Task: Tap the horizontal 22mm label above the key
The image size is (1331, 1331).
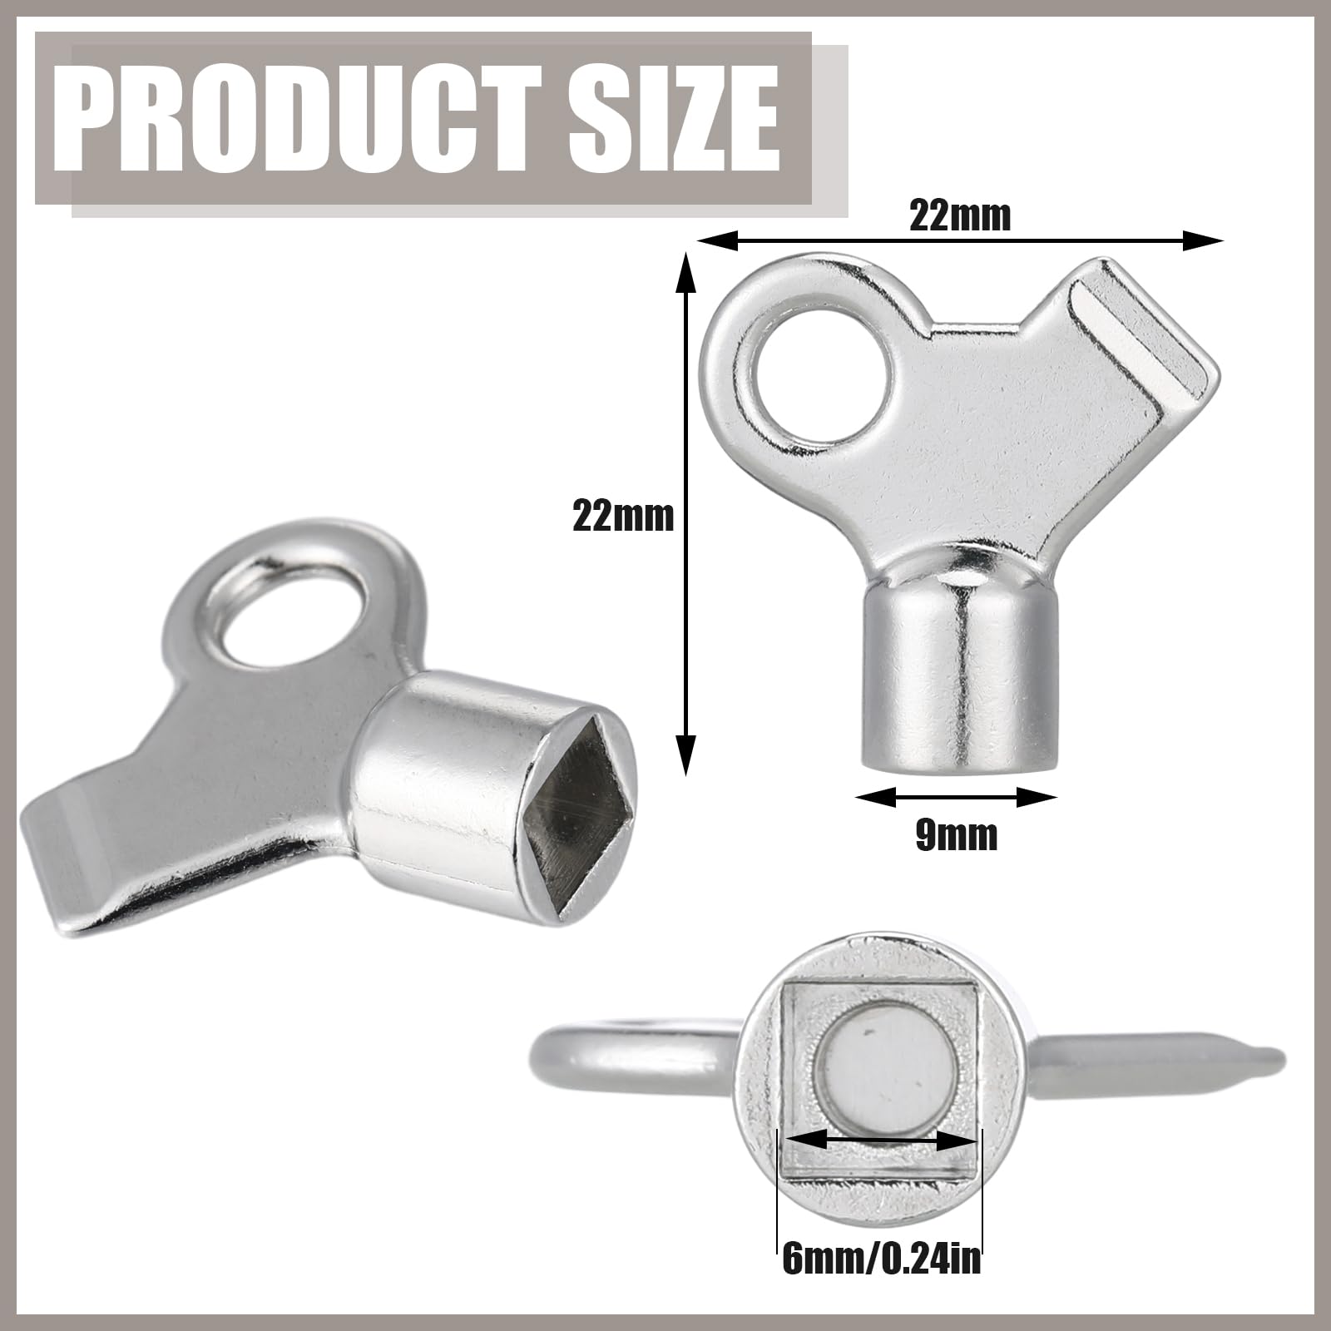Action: pyautogui.click(x=960, y=216)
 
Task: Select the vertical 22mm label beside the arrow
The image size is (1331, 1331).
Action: pyautogui.click(x=622, y=517)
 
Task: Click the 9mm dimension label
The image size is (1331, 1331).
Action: pyautogui.click(x=956, y=834)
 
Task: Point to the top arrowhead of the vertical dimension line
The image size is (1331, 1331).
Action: pyautogui.click(x=685, y=275)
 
